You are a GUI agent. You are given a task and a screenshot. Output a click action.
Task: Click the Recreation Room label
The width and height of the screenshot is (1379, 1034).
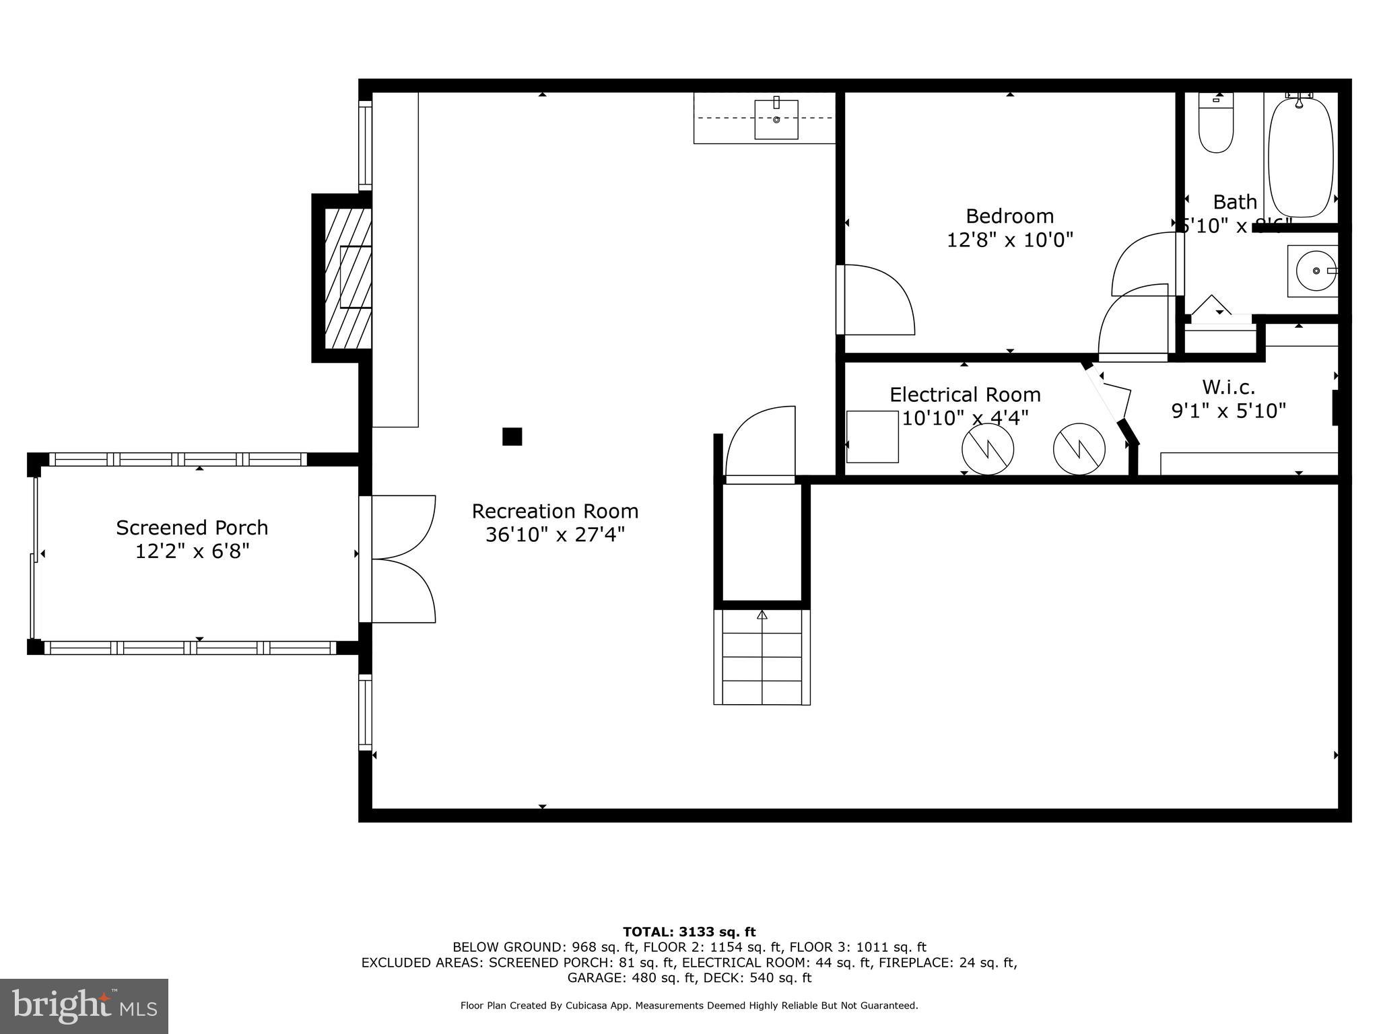pyautogui.click(x=555, y=512)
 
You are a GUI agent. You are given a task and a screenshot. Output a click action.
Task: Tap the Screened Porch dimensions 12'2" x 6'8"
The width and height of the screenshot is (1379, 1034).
pyautogui.click(x=193, y=551)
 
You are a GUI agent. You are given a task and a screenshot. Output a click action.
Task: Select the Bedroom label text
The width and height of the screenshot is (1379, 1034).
pyautogui.click(x=1009, y=216)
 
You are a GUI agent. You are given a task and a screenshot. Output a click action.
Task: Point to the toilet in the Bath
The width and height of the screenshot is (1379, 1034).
pyautogui.click(x=1216, y=125)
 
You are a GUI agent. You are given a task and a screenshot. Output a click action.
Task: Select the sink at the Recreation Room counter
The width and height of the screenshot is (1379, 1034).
pyautogui.click(x=776, y=120)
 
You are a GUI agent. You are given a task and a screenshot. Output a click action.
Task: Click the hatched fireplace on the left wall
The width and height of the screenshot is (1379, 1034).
pyautogui.click(x=348, y=277)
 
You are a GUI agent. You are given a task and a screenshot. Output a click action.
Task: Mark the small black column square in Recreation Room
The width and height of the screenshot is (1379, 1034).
pyautogui.click(x=512, y=437)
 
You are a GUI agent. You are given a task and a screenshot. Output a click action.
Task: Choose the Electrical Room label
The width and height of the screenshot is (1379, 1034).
pyautogui.click(x=965, y=394)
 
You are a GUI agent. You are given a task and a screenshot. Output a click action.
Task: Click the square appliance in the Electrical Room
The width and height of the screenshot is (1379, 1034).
pyautogui.click(x=872, y=437)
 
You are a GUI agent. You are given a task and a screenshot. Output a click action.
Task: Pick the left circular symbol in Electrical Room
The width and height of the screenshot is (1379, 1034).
pyautogui.click(x=988, y=449)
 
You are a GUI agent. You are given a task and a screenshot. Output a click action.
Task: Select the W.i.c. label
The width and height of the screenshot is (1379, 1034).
pyautogui.click(x=1228, y=387)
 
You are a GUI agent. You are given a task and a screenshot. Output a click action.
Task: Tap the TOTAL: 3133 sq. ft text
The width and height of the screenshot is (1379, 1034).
pyautogui.click(x=689, y=932)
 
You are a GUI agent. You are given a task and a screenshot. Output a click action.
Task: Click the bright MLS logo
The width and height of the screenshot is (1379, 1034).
pyautogui.click(x=84, y=1006)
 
